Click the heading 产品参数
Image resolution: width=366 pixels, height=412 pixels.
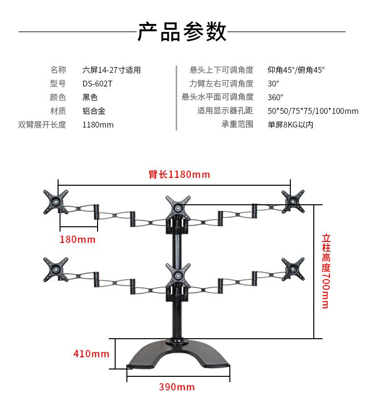tap(182, 32)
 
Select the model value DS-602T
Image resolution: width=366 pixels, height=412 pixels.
tap(97, 84)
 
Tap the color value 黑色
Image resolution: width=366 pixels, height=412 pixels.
tap(90, 97)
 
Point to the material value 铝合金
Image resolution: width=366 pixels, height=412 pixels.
tap(94, 111)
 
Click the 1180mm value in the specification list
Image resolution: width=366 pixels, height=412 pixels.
tap(98, 125)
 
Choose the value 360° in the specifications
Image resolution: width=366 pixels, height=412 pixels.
tap(275, 97)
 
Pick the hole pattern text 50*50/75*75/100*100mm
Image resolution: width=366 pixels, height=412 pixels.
tap(313, 111)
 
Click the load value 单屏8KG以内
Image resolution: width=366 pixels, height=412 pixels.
tap(290, 125)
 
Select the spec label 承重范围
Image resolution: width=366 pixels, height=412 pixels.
tap(238, 125)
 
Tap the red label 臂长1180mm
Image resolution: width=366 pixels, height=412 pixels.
tap(179, 174)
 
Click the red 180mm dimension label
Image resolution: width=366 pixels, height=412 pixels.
tap(78, 239)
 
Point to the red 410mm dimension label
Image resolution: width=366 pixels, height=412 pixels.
tap(91, 353)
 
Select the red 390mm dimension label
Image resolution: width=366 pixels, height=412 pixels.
tap(177, 387)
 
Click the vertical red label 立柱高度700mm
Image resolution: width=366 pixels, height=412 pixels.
tap(326, 271)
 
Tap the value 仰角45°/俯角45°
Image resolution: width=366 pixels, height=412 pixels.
tap(296, 70)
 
